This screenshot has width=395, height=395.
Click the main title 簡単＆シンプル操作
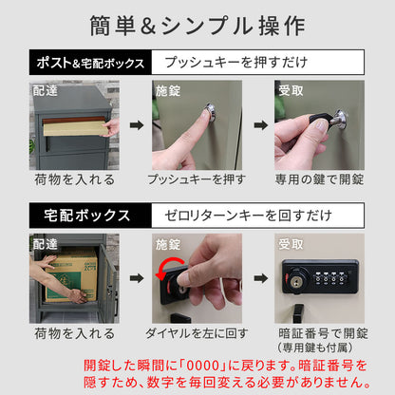tap(197, 26)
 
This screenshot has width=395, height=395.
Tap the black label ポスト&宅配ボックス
tap(90, 64)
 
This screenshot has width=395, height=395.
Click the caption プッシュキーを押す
tap(197, 179)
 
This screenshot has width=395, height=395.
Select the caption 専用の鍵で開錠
tap(321, 179)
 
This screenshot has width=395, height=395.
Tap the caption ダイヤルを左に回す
tap(197, 334)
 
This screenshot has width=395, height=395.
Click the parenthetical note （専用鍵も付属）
tap(321, 348)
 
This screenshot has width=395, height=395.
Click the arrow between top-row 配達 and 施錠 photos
tap(135, 124)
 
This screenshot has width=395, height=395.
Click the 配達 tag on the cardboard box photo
tap(45, 243)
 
